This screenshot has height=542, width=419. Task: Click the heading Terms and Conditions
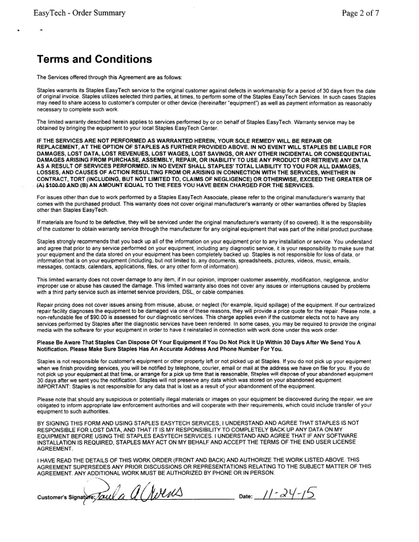(x=94, y=59)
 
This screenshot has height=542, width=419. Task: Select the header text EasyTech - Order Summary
(x=79, y=12)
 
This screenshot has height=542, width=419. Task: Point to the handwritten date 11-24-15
(x=289, y=494)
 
